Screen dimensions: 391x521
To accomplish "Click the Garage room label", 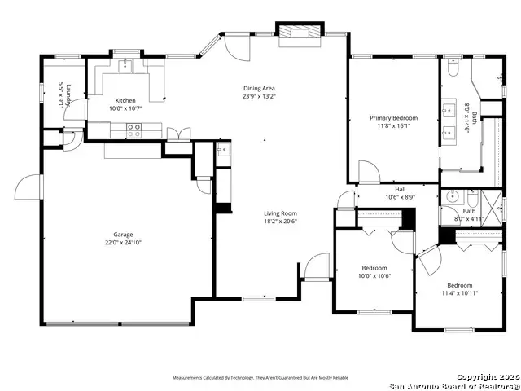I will coord(123,235).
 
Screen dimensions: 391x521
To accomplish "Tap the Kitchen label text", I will coord(125,99).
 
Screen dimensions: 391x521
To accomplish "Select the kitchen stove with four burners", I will coord(134,127).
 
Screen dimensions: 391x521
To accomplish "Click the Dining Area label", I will coord(259,88).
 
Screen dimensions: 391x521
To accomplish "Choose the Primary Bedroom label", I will coord(393,118).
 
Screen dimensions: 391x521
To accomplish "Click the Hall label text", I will coord(400,188).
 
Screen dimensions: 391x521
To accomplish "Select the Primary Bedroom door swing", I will coord(368,172).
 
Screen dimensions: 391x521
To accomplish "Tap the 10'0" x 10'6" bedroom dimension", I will coord(374,275).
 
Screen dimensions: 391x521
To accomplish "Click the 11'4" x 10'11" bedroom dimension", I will coord(459,292).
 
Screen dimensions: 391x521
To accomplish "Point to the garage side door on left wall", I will coord(27,187).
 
